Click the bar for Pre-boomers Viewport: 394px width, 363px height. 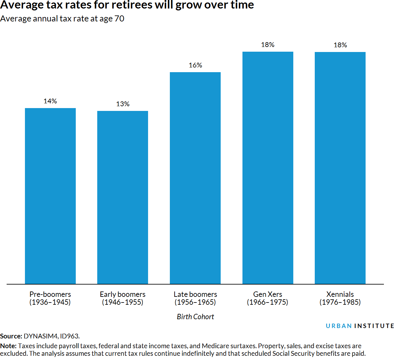[x=50, y=196]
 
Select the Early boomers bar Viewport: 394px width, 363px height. [x=122, y=197]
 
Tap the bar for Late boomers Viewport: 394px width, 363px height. [x=195, y=178]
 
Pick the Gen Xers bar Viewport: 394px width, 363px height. [x=268, y=168]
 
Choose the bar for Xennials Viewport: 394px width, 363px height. [x=340, y=168]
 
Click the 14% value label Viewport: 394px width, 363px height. [x=50, y=101]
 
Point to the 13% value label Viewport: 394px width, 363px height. [x=122, y=104]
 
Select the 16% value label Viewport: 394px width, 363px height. [x=195, y=65]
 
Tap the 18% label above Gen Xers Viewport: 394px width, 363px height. [x=268, y=45]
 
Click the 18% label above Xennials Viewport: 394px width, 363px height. [x=340, y=45]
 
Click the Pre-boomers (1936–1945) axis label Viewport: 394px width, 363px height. [x=50, y=298]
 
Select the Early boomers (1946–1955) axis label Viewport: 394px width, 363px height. [x=122, y=298]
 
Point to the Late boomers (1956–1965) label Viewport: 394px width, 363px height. [x=195, y=298]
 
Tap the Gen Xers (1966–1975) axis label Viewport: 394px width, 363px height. [x=268, y=298]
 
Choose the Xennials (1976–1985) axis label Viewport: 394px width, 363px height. [x=340, y=298]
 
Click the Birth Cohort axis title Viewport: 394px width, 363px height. [x=195, y=317]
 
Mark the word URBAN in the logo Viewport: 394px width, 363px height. [x=338, y=326]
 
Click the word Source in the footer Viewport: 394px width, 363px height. [x=11, y=336]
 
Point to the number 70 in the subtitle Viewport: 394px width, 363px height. [x=119, y=19]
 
